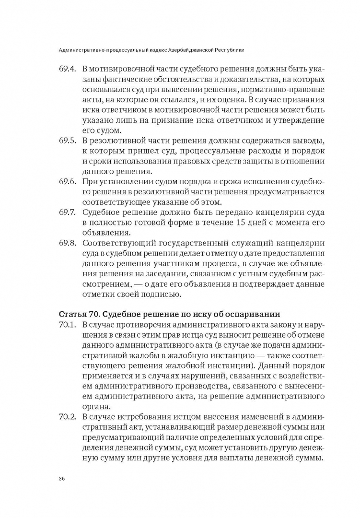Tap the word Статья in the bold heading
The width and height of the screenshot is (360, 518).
pos(72,315)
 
